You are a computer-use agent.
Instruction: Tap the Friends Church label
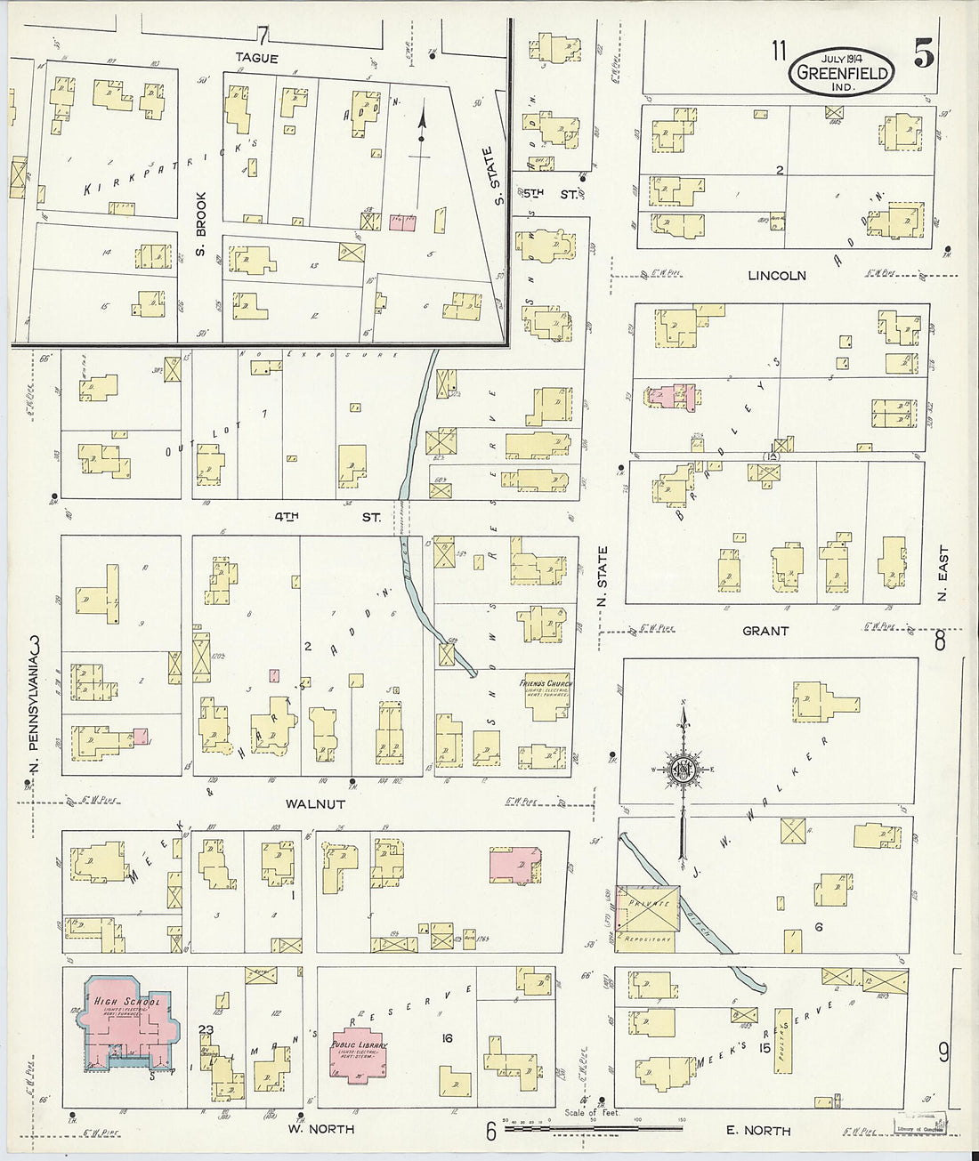point(546,684)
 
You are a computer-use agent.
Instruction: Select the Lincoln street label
point(776,276)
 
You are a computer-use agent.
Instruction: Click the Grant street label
point(765,631)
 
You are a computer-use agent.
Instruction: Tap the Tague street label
point(257,58)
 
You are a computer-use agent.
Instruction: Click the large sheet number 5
point(924,55)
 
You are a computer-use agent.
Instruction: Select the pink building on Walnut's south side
point(514,863)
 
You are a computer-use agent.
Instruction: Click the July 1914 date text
point(841,58)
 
